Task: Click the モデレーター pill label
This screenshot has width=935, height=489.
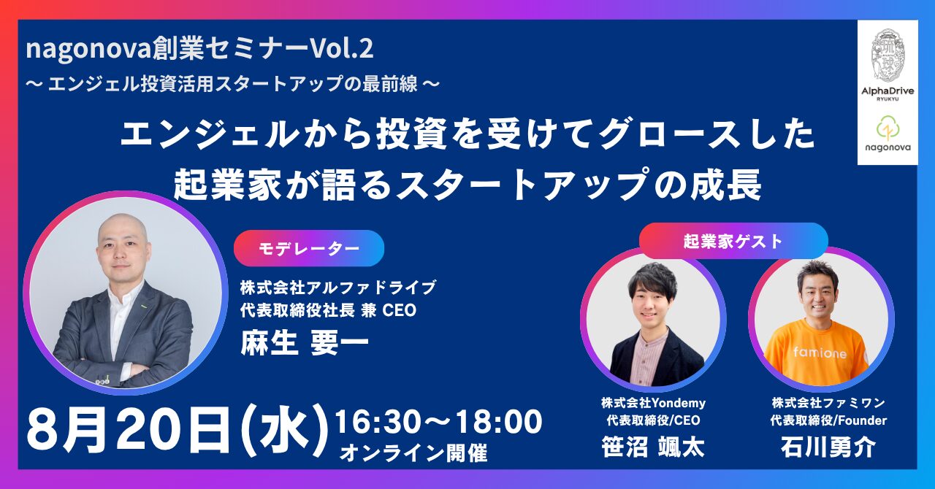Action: [309, 248]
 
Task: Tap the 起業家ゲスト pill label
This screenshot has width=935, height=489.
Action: [733, 241]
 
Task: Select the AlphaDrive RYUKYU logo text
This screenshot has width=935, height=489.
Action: [888, 93]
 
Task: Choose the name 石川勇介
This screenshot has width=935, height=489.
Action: [828, 447]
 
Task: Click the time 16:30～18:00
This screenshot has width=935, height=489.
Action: [439, 422]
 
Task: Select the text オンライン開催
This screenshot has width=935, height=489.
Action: [413, 453]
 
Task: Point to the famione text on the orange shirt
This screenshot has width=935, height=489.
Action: [820, 353]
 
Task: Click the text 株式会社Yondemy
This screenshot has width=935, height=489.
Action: [654, 403]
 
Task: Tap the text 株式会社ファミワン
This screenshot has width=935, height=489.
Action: [828, 403]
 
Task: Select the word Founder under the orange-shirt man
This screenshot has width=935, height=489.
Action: [862, 420]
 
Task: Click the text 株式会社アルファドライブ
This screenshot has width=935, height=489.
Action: [338, 287]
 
